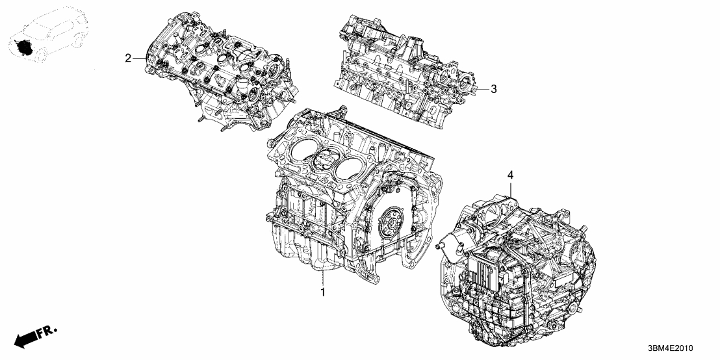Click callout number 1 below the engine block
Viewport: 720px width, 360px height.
(322, 294)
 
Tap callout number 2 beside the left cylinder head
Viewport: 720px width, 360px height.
(128, 58)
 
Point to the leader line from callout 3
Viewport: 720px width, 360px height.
(483, 89)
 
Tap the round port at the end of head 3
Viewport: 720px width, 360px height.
(466, 84)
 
